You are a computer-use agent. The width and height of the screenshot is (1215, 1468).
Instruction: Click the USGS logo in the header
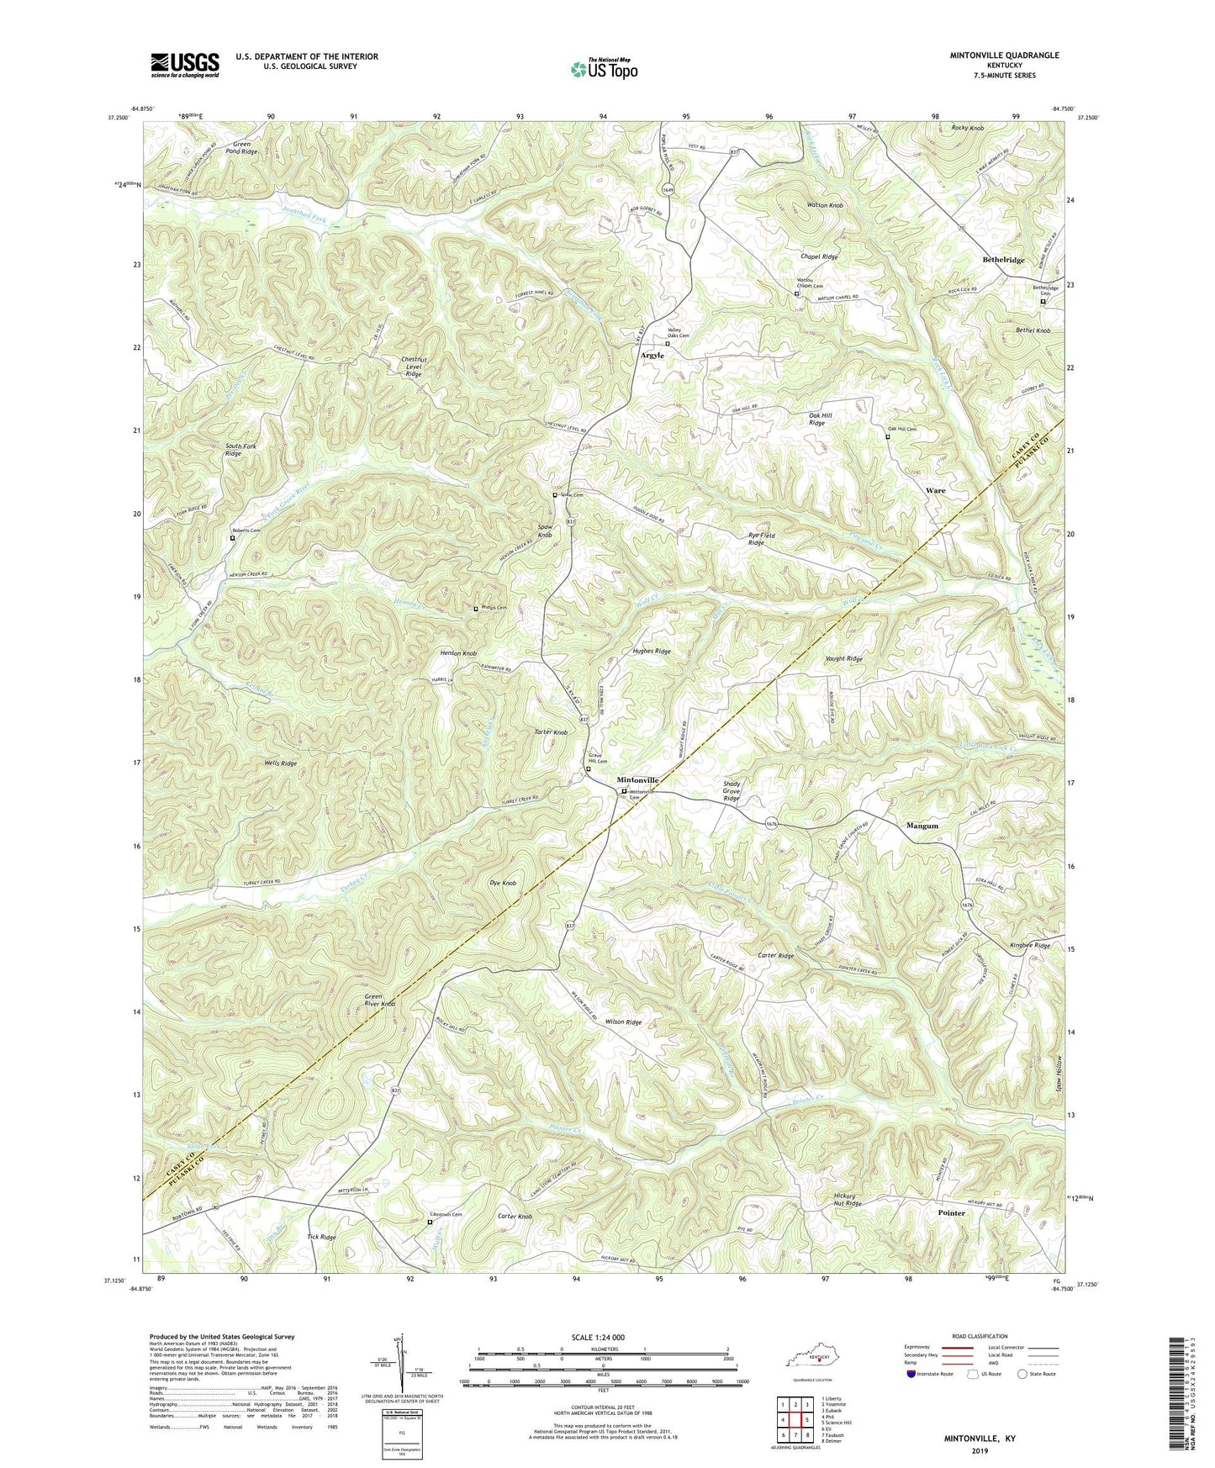185,64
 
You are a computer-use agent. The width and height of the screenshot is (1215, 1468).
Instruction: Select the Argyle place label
652,356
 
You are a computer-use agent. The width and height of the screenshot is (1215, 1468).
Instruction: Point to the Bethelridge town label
1003,261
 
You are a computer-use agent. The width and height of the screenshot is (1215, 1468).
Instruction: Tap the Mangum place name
922,826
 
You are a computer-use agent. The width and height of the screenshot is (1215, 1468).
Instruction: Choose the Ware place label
935,490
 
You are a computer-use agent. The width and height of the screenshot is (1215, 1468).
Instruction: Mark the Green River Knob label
379,1001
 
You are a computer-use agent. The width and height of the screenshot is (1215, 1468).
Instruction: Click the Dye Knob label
502,884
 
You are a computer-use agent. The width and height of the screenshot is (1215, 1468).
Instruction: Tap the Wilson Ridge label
623,1022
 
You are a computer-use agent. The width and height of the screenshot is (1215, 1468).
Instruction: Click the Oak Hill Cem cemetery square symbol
887,436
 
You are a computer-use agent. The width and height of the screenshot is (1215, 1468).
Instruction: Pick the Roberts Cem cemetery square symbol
233,538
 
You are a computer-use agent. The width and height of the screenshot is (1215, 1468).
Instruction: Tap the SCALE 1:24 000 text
603,1337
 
